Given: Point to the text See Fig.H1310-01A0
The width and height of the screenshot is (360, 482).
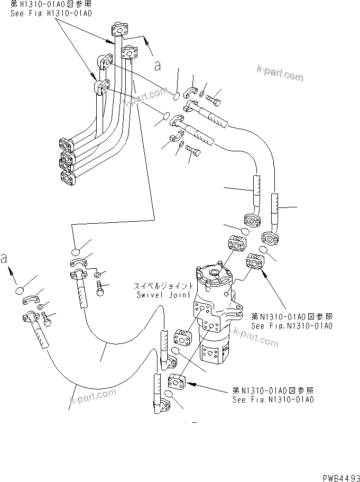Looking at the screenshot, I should (x=51, y=13).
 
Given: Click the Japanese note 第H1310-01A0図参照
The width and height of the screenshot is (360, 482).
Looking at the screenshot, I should (x=51, y=5).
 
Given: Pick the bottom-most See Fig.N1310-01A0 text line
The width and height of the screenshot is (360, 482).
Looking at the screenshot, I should (x=273, y=399).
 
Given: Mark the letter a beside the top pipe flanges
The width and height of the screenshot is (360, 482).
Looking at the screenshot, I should (x=156, y=66).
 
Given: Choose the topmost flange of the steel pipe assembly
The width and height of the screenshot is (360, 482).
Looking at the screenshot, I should (x=121, y=31).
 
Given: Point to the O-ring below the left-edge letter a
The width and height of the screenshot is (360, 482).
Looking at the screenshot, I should (x=20, y=290).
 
